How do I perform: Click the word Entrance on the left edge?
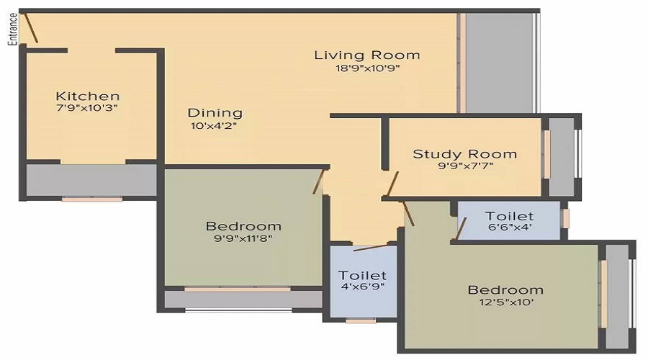click(12, 29)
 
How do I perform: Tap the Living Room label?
click(367, 55)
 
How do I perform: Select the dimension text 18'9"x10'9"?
click(367, 68)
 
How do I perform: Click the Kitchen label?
click(88, 96)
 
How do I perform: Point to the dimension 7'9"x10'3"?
click(88, 108)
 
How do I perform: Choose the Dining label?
click(215, 112)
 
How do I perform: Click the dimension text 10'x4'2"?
click(213, 125)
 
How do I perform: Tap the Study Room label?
click(464, 153)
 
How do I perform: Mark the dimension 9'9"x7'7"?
click(464, 166)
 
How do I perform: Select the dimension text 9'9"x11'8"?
click(243, 238)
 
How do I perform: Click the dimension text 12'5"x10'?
click(505, 302)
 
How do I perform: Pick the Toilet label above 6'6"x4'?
click(509, 216)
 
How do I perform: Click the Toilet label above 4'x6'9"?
click(363, 275)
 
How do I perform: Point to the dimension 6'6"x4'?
click(509, 228)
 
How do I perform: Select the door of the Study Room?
click(392, 184)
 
